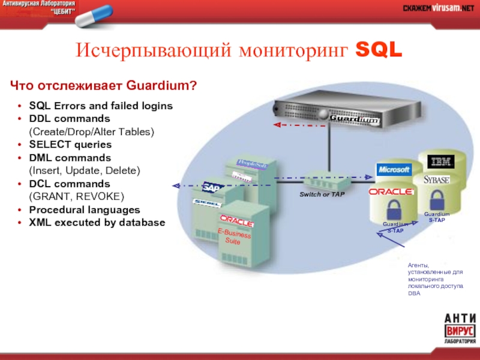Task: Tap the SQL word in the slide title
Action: coord(379,52)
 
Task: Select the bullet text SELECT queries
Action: coord(70,145)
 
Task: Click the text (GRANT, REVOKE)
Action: coord(76,196)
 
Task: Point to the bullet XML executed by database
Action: coord(97,223)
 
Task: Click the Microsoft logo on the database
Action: coord(394,170)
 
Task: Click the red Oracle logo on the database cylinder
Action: coord(392,191)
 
